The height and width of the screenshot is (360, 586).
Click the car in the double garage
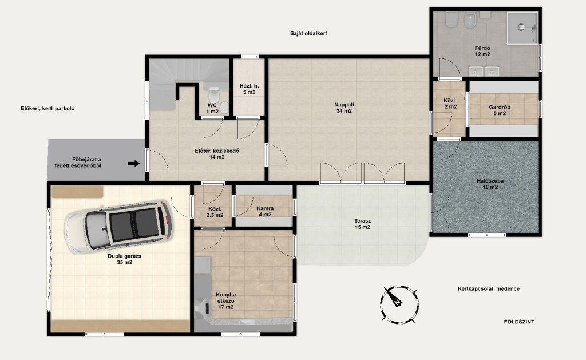(x=118, y=227)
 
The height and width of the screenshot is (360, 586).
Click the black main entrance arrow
(x=133, y=163)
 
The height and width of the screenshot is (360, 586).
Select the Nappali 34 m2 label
(x=344, y=108)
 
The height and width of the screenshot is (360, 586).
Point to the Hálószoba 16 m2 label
(x=490, y=184)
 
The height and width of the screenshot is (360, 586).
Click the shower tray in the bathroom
(x=522, y=29)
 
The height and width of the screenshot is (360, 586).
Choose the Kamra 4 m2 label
(x=265, y=211)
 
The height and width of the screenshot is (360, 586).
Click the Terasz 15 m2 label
(x=362, y=224)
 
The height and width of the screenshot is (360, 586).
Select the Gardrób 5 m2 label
(x=499, y=110)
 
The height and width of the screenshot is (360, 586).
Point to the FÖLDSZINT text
(x=519, y=322)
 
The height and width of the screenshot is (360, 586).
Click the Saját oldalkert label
(x=308, y=33)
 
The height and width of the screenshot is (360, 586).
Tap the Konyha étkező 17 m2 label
(x=225, y=300)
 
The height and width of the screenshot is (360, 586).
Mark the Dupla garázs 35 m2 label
(x=124, y=259)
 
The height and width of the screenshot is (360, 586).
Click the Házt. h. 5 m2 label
(x=249, y=89)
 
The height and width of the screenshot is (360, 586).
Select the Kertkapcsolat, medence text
(x=489, y=288)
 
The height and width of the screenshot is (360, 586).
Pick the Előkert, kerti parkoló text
(x=48, y=108)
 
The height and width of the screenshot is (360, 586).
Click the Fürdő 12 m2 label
(x=482, y=51)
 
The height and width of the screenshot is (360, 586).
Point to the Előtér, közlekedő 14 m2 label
(x=217, y=153)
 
